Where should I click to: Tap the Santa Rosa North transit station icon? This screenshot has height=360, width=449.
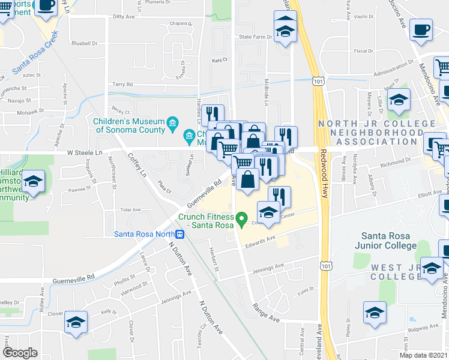[x=179, y=234]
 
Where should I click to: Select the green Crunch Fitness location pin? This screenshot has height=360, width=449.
[x=242, y=220]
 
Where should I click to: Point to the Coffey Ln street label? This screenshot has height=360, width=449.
[x=136, y=166]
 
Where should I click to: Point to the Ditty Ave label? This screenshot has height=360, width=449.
[x=124, y=17]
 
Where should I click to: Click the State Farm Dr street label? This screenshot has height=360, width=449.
[x=256, y=37]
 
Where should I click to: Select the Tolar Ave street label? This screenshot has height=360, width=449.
[x=130, y=210]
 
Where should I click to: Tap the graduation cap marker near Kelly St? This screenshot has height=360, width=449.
[x=76, y=322]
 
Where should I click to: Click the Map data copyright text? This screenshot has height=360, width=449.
[x=424, y=355]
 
